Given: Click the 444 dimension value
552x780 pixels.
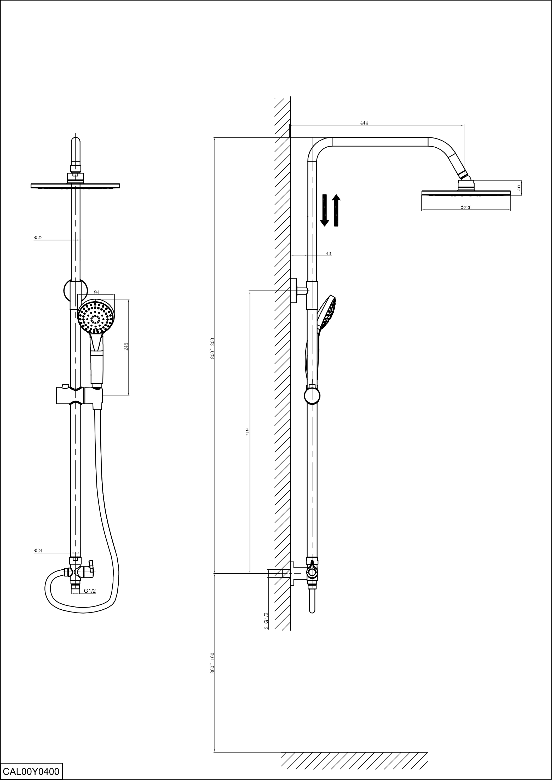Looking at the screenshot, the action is click(364, 123).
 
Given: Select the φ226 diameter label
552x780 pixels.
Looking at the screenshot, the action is click(466, 207).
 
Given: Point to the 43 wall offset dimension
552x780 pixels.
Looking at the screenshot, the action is click(328, 253).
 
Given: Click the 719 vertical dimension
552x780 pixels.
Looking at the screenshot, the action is click(248, 432).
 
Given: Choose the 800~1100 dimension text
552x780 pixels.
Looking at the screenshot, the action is click(212, 654).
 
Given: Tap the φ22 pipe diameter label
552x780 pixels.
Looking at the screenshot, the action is click(38, 238).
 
